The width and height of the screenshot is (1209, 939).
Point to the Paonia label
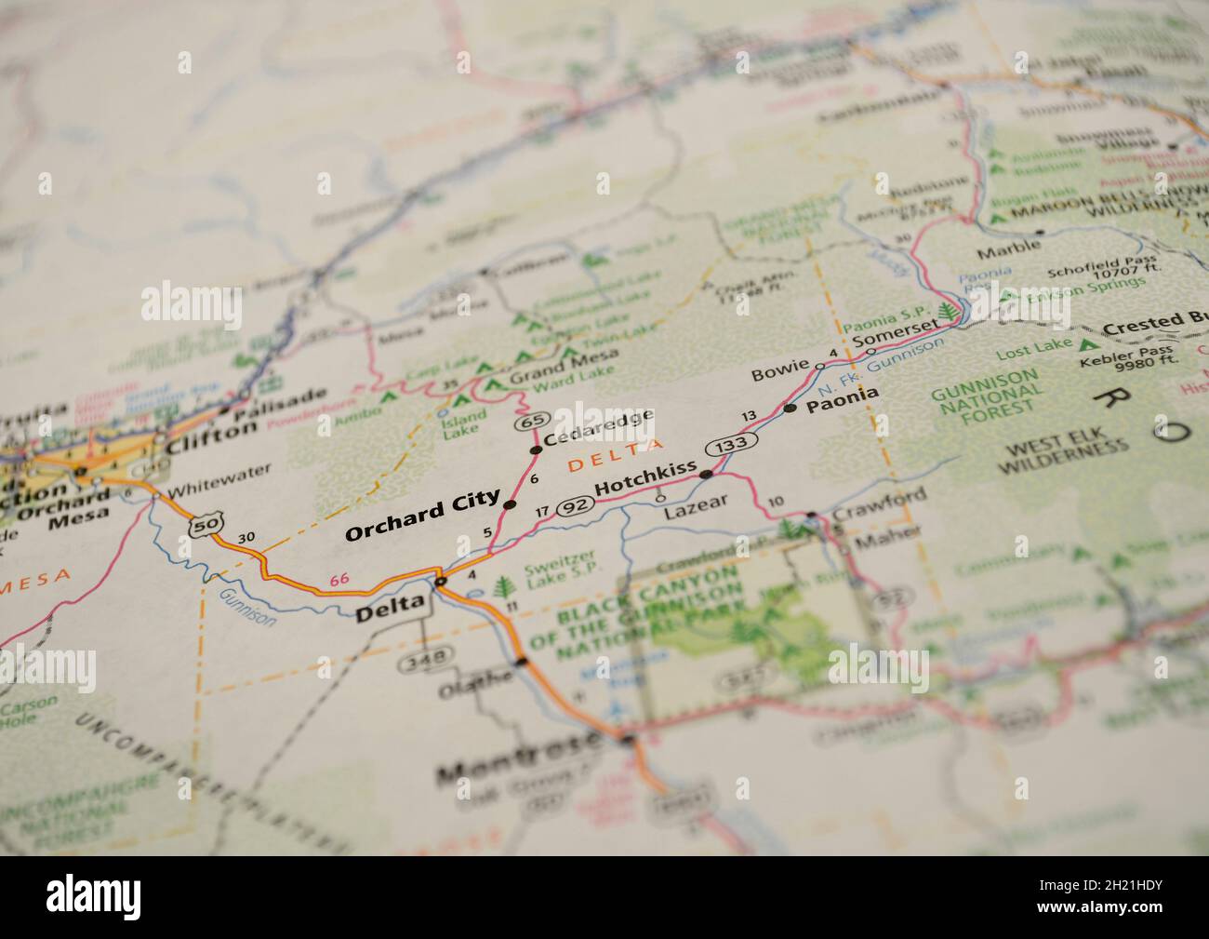point(842,395)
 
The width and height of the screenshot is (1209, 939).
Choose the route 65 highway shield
point(532,422)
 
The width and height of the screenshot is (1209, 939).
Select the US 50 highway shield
point(205,526)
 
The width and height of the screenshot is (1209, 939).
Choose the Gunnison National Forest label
point(986,394)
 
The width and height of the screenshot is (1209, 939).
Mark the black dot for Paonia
point(790,408)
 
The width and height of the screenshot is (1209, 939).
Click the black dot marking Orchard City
point(510,504)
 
